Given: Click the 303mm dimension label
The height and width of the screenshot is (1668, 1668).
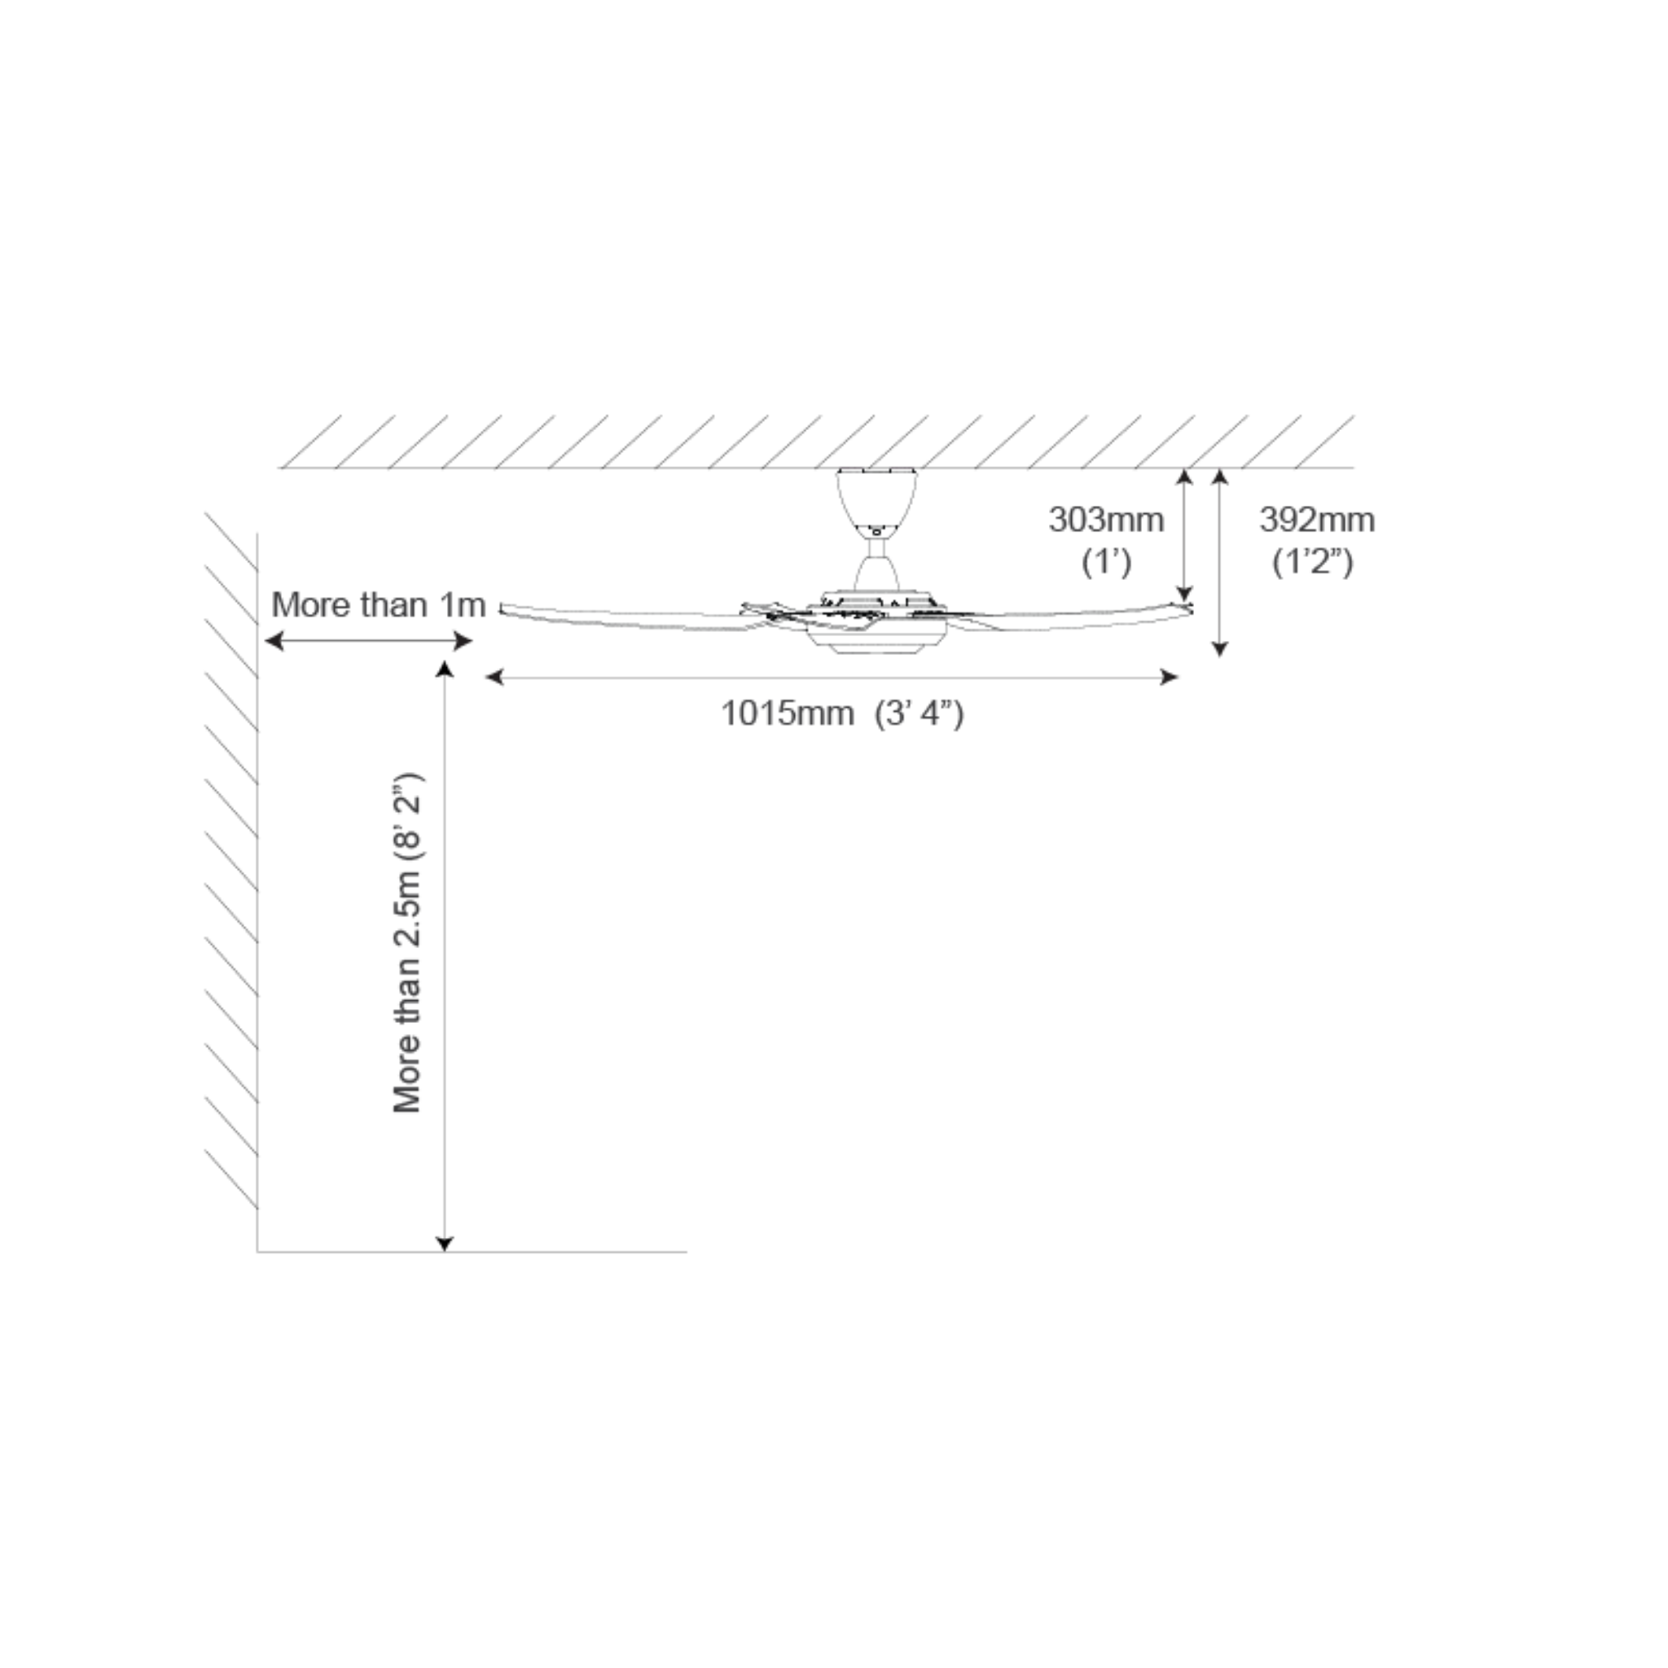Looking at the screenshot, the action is click(x=1106, y=520).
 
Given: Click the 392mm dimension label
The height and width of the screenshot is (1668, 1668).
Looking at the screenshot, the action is click(x=1317, y=520).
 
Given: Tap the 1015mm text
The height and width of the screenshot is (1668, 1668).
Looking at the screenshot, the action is click(x=788, y=714).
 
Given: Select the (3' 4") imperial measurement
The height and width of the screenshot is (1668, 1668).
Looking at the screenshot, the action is click(x=919, y=715).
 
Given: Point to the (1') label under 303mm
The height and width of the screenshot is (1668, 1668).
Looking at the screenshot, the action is click(x=1106, y=563).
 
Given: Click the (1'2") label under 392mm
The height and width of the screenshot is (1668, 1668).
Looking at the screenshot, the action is click(x=1312, y=563).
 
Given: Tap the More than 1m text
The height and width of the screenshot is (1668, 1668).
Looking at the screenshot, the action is click(x=378, y=605).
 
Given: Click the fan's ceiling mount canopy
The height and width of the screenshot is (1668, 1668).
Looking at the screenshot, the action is click(x=876, y=498).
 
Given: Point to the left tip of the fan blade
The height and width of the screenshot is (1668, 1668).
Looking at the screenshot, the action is click(x=502, y=608).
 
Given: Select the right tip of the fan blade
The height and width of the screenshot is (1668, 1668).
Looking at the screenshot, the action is click(x=1192, y=608).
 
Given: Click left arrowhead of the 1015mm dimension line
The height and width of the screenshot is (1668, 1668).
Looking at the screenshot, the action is click(x=494, y=677).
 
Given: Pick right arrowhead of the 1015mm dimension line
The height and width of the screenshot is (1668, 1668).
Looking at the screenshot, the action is click(x=1170, y=677).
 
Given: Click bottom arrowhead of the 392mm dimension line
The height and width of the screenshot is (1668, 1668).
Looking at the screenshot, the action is click(x=1220, y=648).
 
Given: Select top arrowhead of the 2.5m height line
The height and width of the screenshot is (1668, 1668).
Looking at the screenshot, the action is click(x=445, y=670).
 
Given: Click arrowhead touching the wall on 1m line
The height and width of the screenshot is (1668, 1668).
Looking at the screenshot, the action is click(x=273, y=641).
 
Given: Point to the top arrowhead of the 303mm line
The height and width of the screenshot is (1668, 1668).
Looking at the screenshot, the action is click(x=1185, y=477).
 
